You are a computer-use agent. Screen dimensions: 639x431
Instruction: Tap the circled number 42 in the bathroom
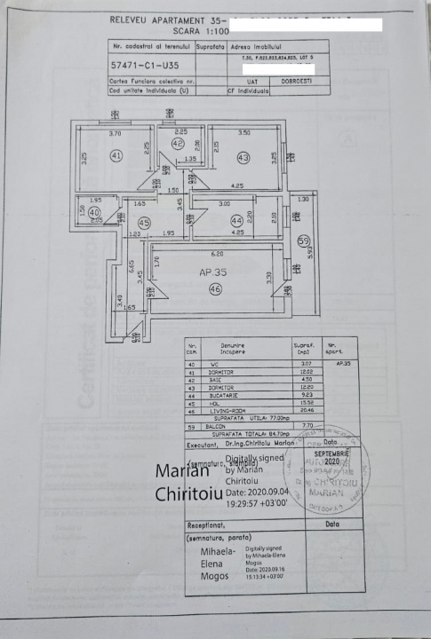coord(178,143)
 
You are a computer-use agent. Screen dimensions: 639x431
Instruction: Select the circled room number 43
coord(243,158)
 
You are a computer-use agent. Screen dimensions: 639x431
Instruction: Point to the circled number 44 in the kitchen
coord(236,220)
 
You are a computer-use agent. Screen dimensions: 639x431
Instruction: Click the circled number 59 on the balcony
coord(303,239)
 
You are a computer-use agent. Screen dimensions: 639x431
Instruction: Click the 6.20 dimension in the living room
coord(206,254)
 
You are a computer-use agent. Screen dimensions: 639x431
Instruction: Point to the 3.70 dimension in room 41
coord(115,134)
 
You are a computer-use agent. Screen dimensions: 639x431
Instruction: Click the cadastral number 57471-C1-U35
coord(144,66)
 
